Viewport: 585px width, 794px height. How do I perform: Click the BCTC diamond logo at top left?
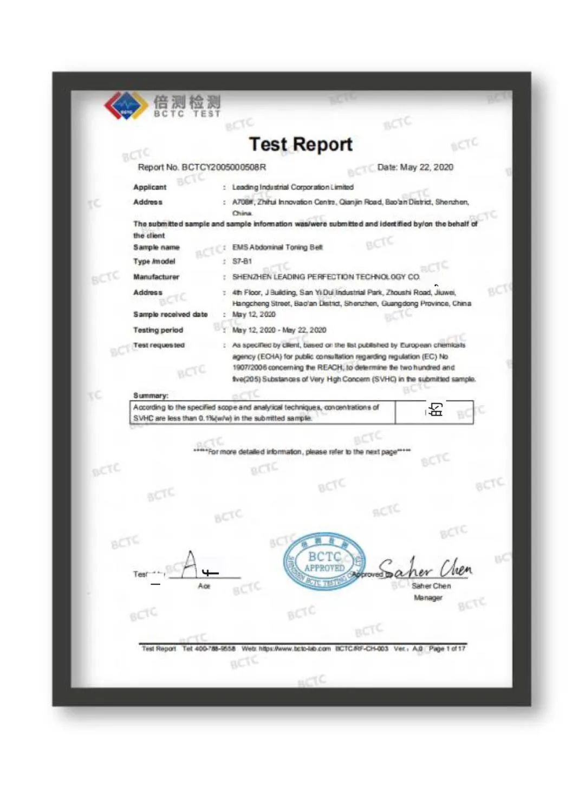[x=126, y=105]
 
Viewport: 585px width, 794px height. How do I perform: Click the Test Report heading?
[x=301, y=144]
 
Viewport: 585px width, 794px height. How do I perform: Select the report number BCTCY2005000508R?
[x=224, y=167]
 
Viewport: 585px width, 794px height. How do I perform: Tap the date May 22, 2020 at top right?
[x=426, y=167]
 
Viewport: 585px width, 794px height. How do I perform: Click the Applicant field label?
[x=150, y=187]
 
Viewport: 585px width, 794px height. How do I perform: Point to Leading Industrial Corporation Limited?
[x=292, y=187]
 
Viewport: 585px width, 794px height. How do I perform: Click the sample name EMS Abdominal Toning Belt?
[x=277, y=247]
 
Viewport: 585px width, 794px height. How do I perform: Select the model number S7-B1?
[x=242, y=261]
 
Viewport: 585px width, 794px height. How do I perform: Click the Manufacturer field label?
[x=156, y=277]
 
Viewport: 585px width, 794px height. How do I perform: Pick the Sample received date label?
[x=170, y=314]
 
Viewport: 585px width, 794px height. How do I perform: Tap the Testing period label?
[x=158, y=330]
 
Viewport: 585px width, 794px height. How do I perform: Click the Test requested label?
[x=159, y=345]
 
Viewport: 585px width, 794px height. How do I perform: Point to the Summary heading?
[x=151, y=395]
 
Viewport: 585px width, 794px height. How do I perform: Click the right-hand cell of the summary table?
[x=434, y=412]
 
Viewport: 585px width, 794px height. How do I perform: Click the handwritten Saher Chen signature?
[x=426, y=568]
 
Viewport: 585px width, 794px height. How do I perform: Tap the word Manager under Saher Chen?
[x=428, y=597]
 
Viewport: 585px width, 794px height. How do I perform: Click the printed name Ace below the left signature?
[x=204, y=586]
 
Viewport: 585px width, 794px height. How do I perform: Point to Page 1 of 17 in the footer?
[x=447, y=648]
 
